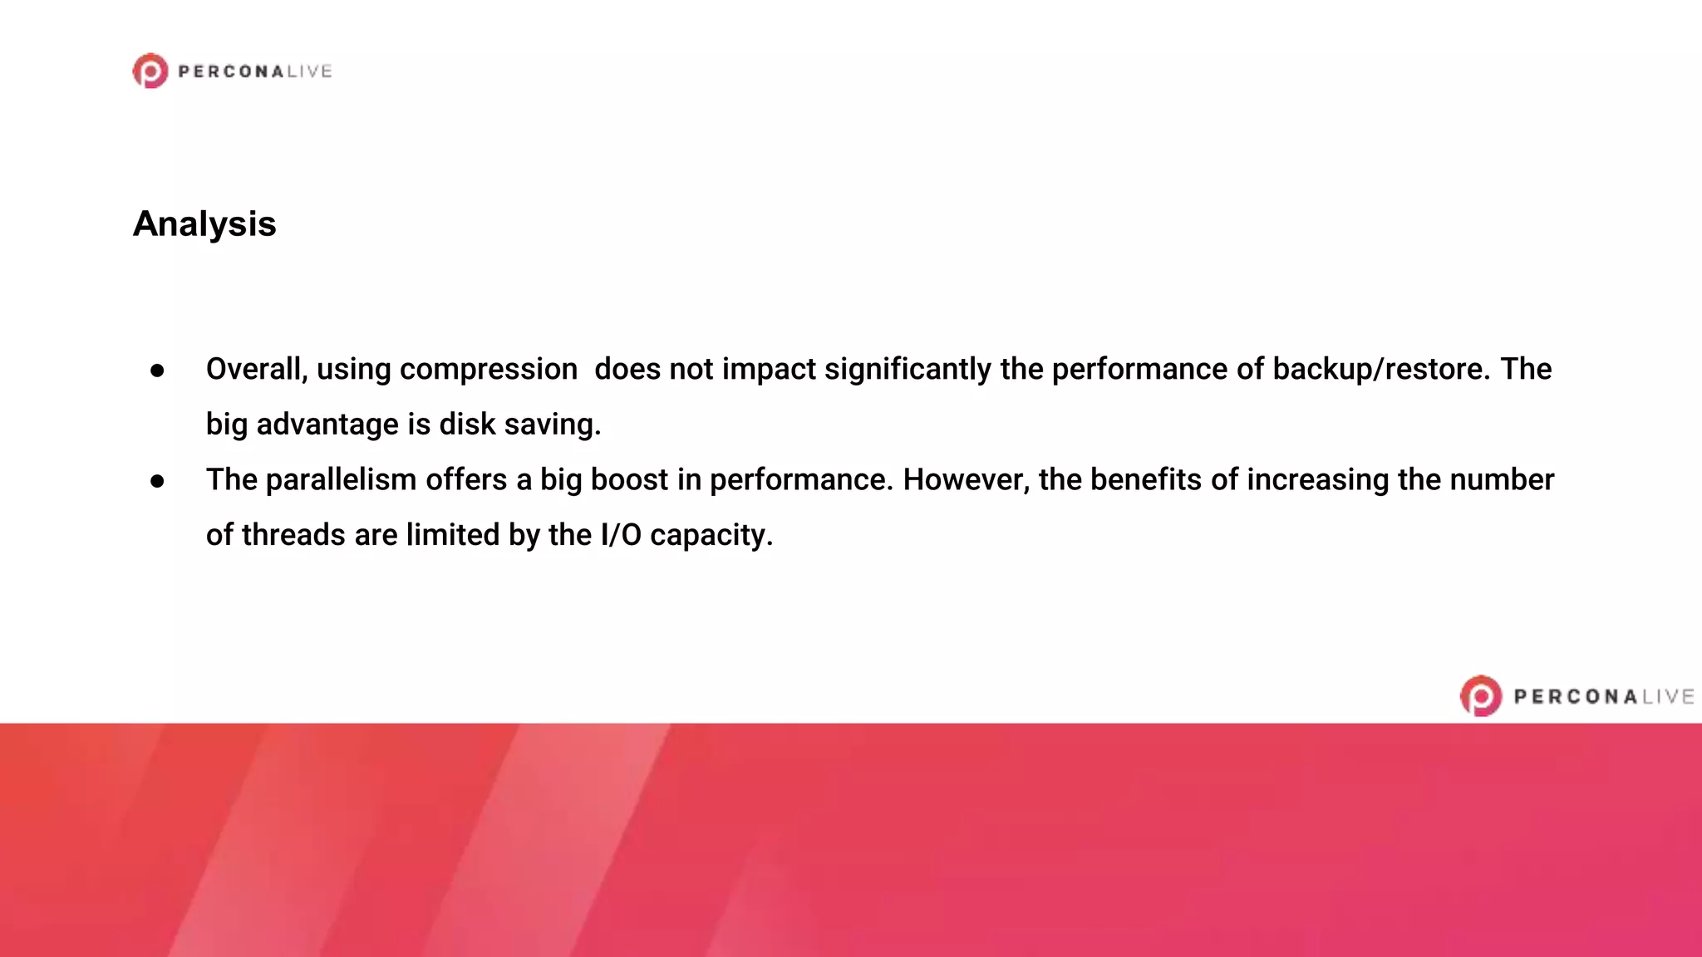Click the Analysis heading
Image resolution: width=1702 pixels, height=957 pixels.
coord(204,224)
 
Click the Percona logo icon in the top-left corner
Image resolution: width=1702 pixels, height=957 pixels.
coord(150,71)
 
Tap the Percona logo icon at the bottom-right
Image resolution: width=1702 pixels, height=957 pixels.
coord(1481,696)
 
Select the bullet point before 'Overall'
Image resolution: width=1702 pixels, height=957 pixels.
coord(157,371)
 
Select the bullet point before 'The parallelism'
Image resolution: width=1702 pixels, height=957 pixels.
coord(157,481)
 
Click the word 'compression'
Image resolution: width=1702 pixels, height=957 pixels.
coord(447,370)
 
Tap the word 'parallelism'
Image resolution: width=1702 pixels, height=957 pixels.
coord(341,479)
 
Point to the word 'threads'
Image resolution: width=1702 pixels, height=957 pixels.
coord(293,535)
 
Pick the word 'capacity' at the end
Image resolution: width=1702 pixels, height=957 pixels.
coord(711,536)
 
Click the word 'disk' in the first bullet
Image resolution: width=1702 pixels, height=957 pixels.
coord(467,425)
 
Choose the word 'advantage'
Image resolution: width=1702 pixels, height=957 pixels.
coord(327,425)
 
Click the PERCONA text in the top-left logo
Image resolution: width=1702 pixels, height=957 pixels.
coord(232,72)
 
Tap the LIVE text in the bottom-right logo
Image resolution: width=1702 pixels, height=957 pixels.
coord(1668,697)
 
